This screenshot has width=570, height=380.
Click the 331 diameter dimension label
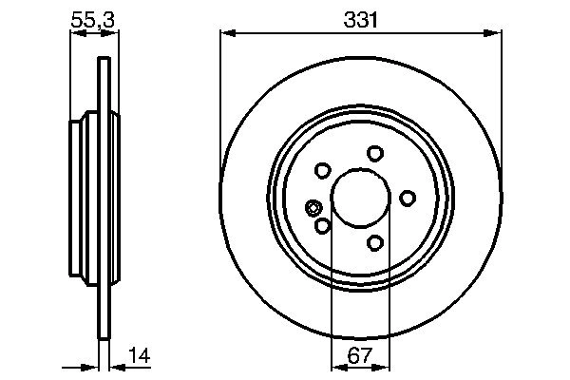pyautogui.click(x=360, y=17)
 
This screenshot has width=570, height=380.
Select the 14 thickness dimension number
pyautogui.click(x=138, y=358)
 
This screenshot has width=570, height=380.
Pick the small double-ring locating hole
pyautogui.click(x=313, y=208)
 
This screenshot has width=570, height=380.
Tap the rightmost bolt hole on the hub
pyautogui.click(x=408, y=198)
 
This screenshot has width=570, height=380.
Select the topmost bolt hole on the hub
pyautogui.click(x=375, y=153)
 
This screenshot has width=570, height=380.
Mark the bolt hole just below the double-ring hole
pyautogui.click(x=322, y=226)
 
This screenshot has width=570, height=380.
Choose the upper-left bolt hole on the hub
pyautogui.click(x=322, y=171)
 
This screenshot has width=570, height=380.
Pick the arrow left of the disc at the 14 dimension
pyautogui.click(x=93, y=367)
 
